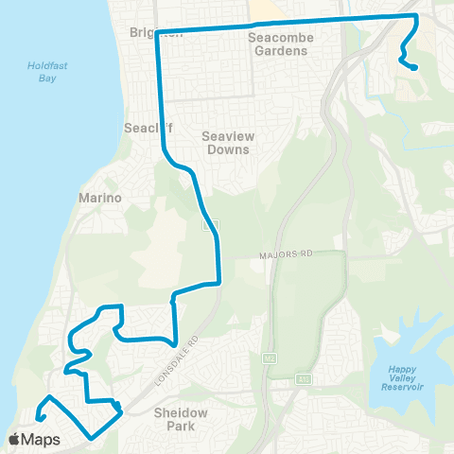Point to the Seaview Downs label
coord(226,143)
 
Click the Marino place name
coord(96,199)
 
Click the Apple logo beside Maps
coord(15,439)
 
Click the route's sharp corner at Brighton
coord(156,31)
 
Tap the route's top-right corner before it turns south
coord(417,16)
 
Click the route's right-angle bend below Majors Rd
coord(219,282)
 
